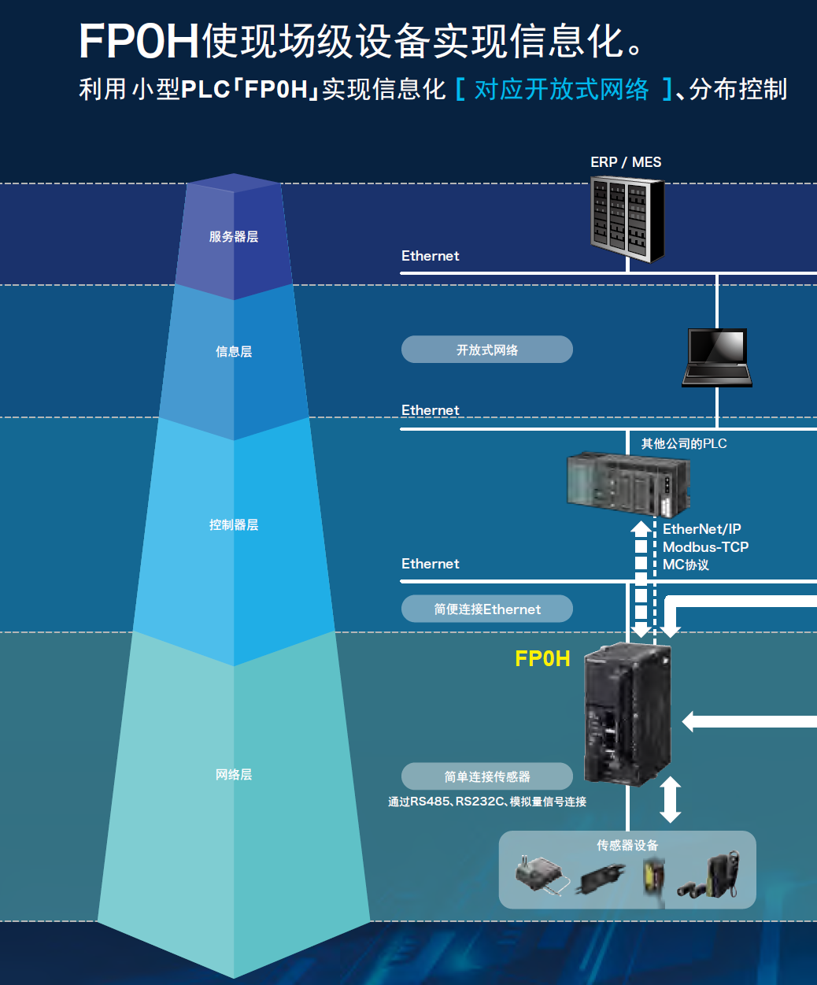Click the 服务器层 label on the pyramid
coord(233,237)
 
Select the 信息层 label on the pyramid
coord(234,352)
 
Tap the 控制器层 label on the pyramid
coord(233,525)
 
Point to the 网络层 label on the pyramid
coord(234,775)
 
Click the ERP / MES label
coord(626,162)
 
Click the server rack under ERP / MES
coord(627,218)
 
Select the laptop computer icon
coord(716,357)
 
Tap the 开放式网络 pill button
coord(486,350)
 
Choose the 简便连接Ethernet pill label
coord(486,609)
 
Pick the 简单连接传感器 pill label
coord(486,776)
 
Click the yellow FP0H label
coord(542,659)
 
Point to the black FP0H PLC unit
coord(627,713)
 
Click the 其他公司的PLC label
coord(683,444)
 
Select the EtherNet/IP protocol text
coord(701,529)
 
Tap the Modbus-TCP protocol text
coord(705,547)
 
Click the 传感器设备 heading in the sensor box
coord(627,846)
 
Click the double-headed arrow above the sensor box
coord(670,799)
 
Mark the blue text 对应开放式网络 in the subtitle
coord(561,90)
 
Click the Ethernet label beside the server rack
coord(430,256)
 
